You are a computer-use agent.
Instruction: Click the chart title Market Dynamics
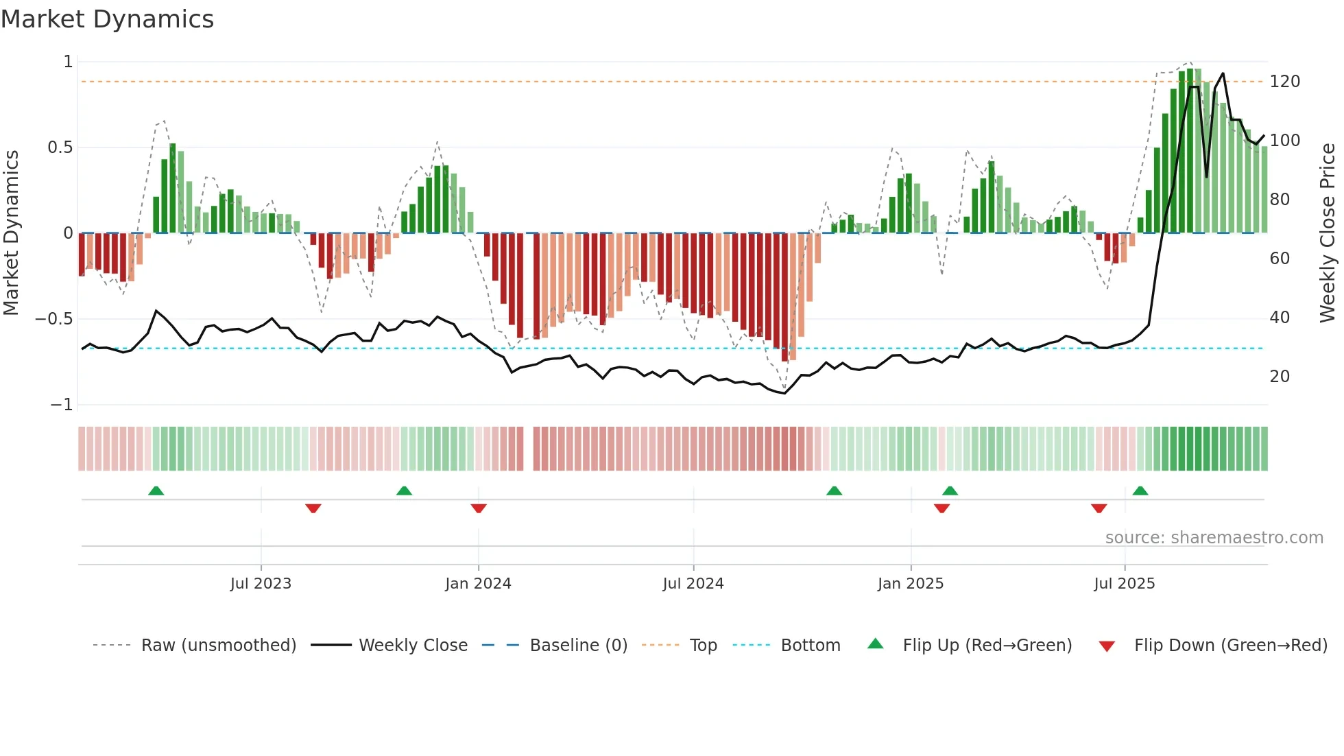[108, 19]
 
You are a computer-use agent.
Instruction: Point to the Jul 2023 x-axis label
[261, 584]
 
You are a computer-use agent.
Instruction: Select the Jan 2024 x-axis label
[478, 584]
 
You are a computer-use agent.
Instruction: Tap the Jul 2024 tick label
[693, 584]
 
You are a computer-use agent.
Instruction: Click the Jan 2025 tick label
[911, 584]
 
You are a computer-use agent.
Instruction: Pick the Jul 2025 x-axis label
[1125, 584]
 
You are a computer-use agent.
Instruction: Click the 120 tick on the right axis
[1284, 82]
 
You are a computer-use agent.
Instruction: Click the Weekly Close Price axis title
[1328, 233]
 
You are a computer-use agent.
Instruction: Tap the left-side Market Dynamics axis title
[11, 233]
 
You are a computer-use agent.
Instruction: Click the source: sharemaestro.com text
[1214, 538]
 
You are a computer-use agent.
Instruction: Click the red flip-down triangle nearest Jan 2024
[479, 508]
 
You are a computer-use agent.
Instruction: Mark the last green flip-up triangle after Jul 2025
[1140, 491]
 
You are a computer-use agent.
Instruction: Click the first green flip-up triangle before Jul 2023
[156, 491]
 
